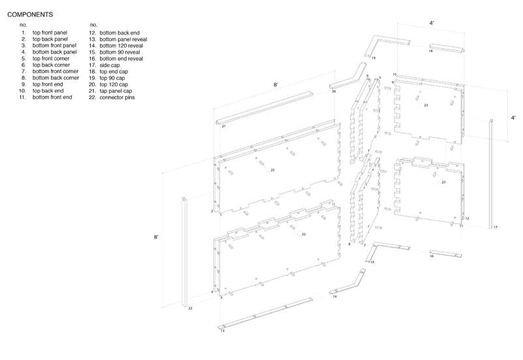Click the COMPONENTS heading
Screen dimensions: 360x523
[31, 13]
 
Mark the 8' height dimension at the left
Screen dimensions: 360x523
[155, 237]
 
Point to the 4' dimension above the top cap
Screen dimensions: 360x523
[432, 23]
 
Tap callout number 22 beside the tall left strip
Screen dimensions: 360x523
[190, 307]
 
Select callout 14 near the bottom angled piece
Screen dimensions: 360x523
[335, 297]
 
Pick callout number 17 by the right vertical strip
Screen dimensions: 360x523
[496, 227]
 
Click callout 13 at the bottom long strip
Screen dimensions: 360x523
[222, 331]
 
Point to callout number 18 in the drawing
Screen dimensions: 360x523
[430, 50]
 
